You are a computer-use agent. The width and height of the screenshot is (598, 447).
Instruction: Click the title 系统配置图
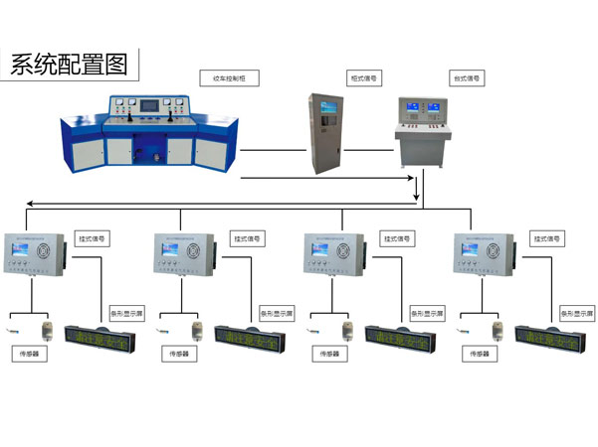click(x=69, y=66)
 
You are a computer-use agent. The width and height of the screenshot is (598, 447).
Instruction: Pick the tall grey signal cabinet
click(x=328, y=133)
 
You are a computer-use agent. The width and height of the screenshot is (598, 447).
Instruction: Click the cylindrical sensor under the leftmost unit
click(x=46, y=329)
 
